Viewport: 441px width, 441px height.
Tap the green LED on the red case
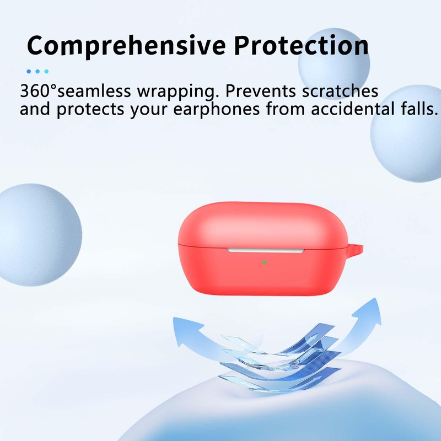265,261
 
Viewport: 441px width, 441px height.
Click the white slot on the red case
265,250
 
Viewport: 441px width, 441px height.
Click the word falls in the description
416,109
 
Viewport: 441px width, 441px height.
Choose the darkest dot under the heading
29,71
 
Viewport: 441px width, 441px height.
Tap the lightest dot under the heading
46,71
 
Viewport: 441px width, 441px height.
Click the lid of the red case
259,223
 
